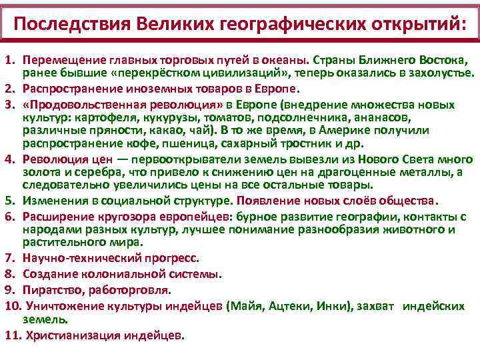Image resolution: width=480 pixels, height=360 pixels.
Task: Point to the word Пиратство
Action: coord(51,290)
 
